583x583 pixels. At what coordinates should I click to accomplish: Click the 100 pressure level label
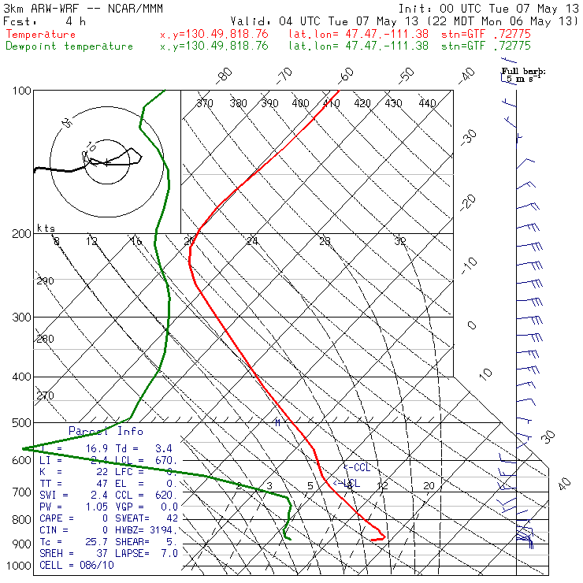click(x=21, y=91)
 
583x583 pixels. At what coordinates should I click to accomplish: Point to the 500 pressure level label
click(x=21, y=424)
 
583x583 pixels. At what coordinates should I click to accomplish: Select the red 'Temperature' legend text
click(x=41, y=35)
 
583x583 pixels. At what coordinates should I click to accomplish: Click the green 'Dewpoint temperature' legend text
click(x=69, y=46)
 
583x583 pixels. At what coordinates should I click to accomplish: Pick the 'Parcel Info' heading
click(x=106, y=431)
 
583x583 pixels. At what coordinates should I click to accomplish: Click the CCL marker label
click(x=359, y=467)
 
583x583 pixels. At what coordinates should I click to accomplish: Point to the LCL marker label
click(x=350, y=483)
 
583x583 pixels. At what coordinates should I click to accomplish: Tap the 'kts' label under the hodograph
click(x=46, y=228)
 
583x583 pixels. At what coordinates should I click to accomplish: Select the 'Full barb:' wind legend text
click(x=523, y=71)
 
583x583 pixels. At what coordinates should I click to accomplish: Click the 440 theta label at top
click(x=427, y=103)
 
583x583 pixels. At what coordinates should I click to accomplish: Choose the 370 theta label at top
click(x=205, y=103)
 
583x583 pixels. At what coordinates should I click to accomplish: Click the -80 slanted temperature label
click(x=225, y=76)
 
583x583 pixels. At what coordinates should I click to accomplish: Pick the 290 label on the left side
click(x=45, y=281)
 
